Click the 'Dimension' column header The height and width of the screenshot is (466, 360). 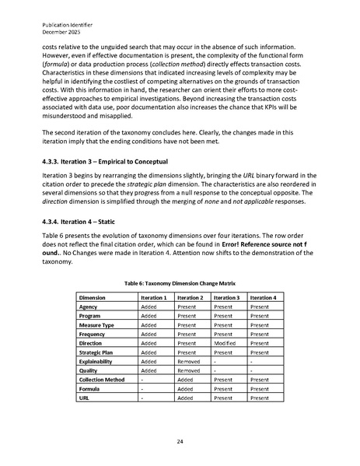93,298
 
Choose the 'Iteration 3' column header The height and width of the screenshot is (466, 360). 230,298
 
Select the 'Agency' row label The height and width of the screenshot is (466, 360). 89,307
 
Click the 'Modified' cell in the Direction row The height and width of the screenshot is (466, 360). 227,342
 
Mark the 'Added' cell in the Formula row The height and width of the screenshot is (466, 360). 185,389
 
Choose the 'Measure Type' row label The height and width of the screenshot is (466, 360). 98,324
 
